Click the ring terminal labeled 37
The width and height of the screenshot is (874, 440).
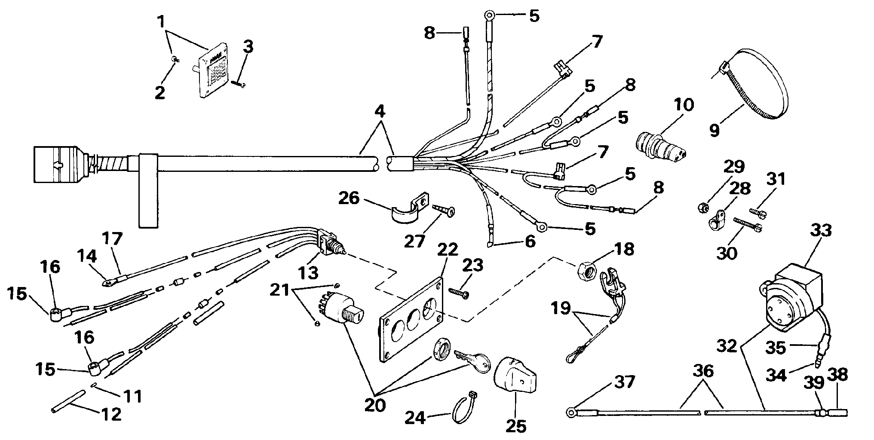tap(572, 413)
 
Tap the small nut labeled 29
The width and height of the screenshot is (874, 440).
tap(702, 208)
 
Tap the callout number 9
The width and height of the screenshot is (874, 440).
tap(715, 129)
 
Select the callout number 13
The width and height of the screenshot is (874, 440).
tap(309, 272)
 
